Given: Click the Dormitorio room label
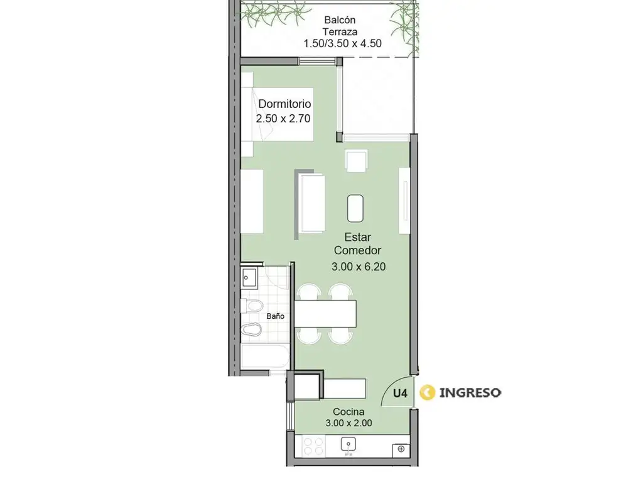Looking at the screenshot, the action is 284,104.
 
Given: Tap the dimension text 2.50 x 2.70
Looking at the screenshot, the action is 283,119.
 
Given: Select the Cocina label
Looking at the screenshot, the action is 349,412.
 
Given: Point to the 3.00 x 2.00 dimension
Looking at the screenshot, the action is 349,423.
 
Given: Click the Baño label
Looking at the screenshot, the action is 275,316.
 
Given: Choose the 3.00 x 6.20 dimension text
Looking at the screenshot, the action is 359,267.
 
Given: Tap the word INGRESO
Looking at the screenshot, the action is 470,393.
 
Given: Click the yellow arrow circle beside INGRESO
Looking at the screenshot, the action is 427,393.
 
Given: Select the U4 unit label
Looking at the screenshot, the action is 400,394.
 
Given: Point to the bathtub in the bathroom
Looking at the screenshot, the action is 266,356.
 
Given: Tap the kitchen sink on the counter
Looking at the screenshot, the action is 349,445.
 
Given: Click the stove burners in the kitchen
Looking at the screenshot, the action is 314,446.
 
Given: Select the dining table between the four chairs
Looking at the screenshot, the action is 325,314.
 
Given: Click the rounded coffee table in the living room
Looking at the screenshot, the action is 355,208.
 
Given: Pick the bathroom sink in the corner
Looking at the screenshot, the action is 249,278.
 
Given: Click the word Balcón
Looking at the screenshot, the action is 340,19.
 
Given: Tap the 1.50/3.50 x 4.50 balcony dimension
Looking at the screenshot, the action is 342,43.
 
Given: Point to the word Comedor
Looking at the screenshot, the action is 357,250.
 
